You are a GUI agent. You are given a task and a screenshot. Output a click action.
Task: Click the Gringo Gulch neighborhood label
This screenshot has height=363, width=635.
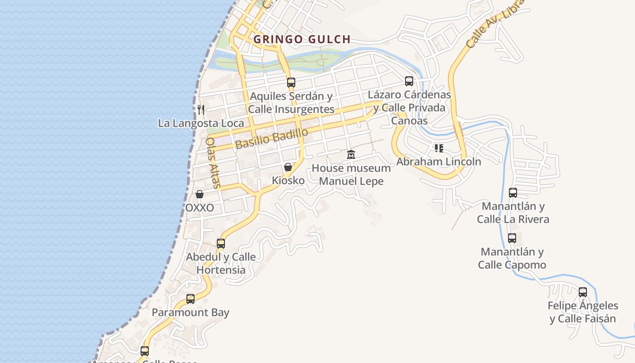302,39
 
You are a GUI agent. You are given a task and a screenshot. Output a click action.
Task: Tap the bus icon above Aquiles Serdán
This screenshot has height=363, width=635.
291,83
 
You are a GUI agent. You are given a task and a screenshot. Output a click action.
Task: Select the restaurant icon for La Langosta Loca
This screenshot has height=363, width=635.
201,109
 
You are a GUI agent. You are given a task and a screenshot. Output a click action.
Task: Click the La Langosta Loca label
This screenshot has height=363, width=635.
200,123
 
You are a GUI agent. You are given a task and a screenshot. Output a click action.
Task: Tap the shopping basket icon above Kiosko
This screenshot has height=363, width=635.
288,167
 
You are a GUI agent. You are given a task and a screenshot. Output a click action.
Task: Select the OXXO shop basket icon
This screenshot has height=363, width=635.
200,194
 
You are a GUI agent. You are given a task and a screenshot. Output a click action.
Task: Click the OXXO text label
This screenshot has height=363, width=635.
200,208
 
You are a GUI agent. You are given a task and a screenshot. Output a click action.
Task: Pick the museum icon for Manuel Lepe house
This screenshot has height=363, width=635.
351,155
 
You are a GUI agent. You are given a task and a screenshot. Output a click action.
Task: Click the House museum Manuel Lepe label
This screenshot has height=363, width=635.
351,175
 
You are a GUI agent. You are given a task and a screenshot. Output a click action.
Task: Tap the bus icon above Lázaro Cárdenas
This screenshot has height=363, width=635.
409,81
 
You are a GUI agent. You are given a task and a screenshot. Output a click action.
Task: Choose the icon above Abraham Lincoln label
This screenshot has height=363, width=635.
439,148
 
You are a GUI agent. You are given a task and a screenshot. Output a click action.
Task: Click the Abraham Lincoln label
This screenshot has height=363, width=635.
439,162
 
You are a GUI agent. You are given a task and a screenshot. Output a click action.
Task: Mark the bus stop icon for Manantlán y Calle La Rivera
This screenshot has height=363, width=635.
513,193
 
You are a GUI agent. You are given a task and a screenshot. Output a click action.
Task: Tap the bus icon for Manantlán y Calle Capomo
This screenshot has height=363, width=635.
512,238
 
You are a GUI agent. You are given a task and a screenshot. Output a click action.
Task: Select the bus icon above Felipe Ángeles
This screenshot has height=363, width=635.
583,292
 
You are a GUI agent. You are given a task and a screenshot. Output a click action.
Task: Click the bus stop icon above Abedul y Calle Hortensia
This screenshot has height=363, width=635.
221,244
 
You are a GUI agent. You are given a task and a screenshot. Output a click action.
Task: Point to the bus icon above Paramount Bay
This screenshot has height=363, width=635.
190,299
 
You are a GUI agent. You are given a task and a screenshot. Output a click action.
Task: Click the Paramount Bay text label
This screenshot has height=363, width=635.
190,313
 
